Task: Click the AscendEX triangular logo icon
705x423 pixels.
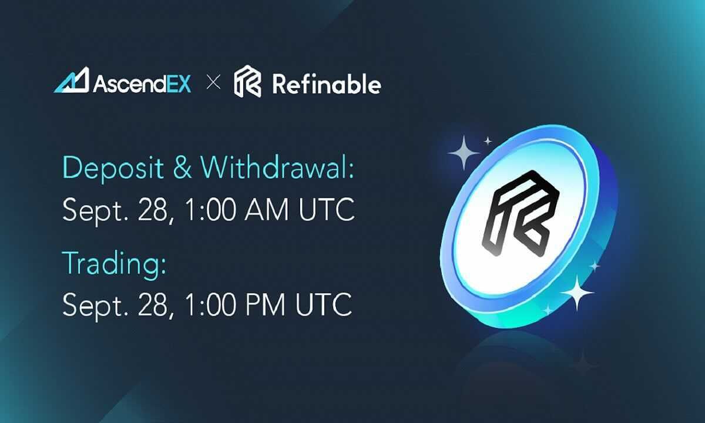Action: pos(71,80)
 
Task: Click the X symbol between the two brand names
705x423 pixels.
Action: pos(213,83)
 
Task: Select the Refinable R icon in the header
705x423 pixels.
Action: pos(247,82)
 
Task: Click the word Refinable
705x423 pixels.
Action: pos(327,84)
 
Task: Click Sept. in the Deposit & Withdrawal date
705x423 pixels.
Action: pos(89,210)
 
